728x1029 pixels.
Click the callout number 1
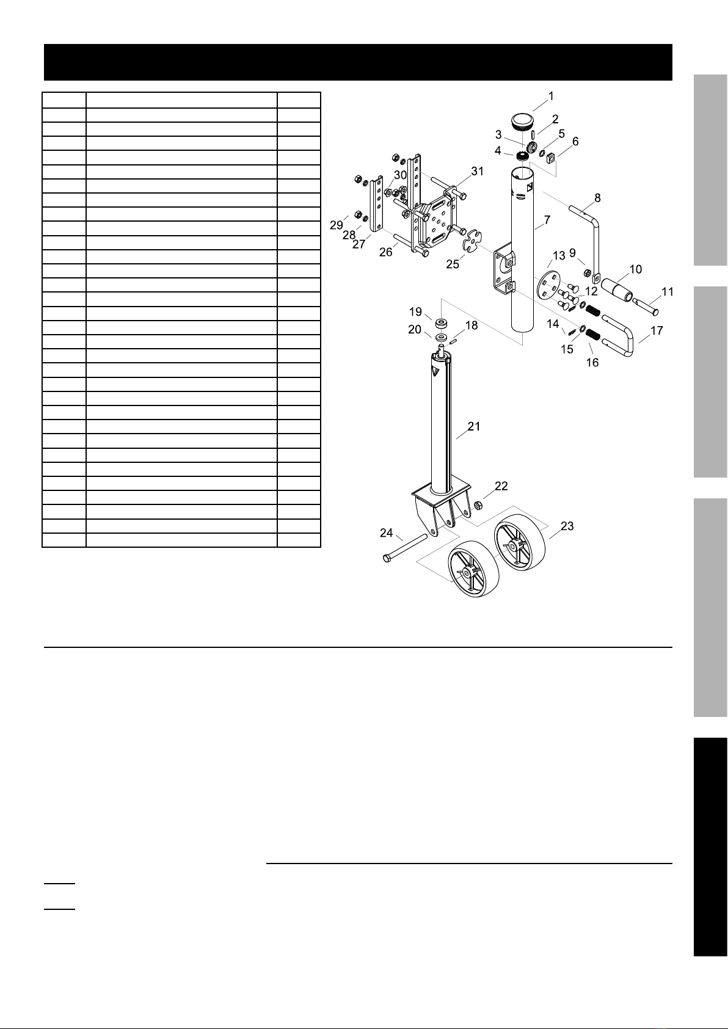click(x=551, y=96)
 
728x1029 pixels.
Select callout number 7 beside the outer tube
click(x=547, y=220)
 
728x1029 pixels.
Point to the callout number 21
click(x=474, y=426)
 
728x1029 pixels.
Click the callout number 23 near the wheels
click(x=567, y=526)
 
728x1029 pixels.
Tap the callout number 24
click(x=386, y=533)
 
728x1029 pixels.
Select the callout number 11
click(x=668, y=292)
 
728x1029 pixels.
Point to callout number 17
click(x=657, y=330)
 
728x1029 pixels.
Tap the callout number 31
click(x=478, y=172)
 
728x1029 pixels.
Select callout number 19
click(x=416, y=312)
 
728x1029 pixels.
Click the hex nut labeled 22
click(x=477, y=505)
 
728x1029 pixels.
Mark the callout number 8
click(x=597, y=198)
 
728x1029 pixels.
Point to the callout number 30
click(x=401, y=175)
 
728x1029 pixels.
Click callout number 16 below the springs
click(x=592, y=363)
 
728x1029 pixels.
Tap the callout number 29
click(x=337, y=225)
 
